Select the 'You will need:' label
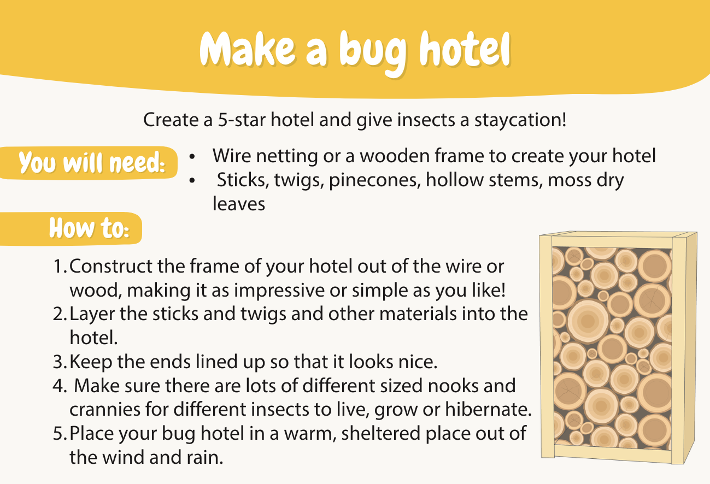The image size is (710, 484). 92,163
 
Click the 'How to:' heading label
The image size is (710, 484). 89,228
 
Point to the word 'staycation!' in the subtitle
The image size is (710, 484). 520,120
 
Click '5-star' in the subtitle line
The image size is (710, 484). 241,120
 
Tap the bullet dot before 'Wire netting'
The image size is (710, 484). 192,156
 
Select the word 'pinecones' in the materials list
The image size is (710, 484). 374,181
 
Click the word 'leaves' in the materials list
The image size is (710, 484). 239,204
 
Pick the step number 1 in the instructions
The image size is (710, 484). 60,266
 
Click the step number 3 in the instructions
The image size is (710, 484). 60,362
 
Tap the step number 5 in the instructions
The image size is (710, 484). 60,433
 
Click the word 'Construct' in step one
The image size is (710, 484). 111,266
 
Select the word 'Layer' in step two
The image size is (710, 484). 92,315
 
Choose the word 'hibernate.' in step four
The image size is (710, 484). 488,409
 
